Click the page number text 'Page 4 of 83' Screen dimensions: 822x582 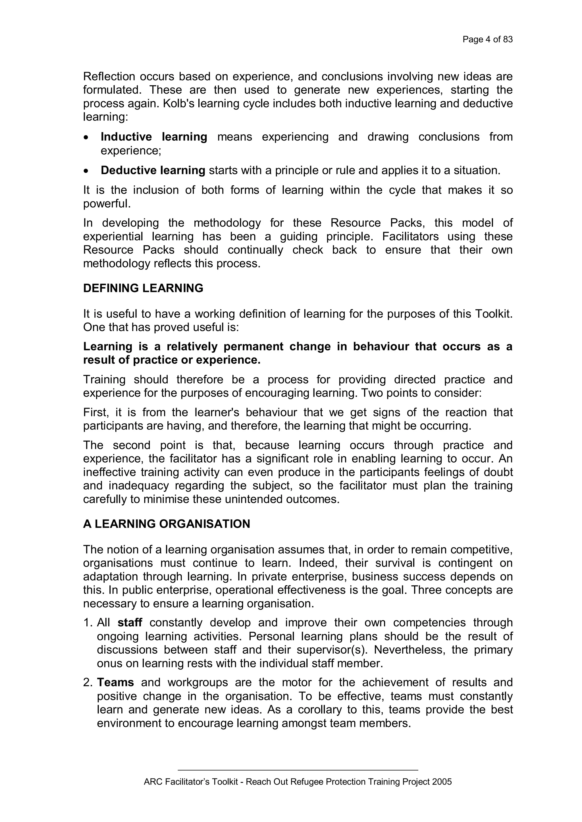point(487,39)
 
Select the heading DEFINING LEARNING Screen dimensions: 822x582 point(143,288)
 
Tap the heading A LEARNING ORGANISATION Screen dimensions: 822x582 point(166,524)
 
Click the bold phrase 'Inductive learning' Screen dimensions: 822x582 point(154,137)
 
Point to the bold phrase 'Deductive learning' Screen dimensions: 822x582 point(153,170)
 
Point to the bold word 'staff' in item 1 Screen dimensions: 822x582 point(130,623)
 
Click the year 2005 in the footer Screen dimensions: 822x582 point(442,782)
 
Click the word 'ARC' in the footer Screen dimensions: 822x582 point(151,782)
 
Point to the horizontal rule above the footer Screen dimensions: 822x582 point(298,770)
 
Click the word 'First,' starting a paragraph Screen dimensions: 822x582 point(96,413)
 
